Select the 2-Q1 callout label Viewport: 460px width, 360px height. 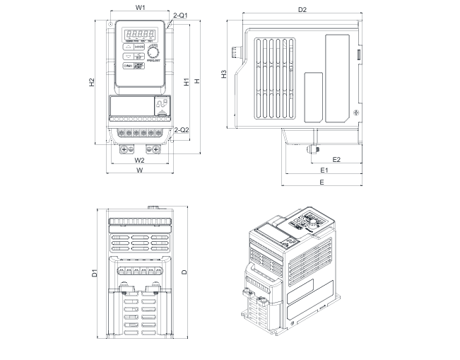point(180,15)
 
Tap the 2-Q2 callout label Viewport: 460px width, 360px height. point(183,130)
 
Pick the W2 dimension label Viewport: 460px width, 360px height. point(140,159)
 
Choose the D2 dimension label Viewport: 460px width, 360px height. point(302,10)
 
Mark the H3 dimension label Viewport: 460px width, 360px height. point(223,74)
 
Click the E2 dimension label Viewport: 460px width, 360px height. point(336,159)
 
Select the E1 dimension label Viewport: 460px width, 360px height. point(324,171)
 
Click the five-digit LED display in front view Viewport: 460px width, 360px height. point(140,33)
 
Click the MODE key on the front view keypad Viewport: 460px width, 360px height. point(140,47)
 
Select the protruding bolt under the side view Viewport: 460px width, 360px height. point(310,149)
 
